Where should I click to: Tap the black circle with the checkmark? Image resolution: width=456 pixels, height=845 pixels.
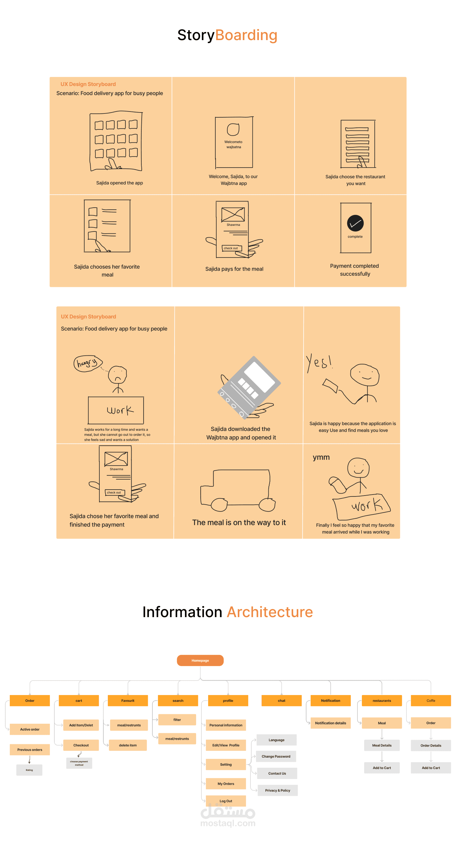tap(355, 223)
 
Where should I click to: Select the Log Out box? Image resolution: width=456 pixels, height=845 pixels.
tap(225, 801)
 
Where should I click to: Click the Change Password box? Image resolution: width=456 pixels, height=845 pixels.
tap(276, 756)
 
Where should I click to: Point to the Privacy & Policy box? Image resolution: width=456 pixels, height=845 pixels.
tap(277, 790)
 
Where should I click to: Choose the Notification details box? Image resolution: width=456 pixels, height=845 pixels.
tap(331, 723)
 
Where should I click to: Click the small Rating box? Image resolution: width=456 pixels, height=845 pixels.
tap(29, 770)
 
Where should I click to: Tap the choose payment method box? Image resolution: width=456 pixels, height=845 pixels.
tap(79, 763)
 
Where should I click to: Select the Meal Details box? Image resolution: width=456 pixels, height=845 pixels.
tap(382, 745)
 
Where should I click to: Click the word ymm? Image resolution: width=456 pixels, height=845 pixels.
tap(321, 457)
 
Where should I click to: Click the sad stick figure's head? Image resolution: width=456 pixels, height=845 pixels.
tap(118, 375)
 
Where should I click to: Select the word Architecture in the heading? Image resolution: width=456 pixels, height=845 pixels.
tap(270, 612)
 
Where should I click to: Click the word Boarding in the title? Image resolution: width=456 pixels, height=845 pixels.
tap(246, 35)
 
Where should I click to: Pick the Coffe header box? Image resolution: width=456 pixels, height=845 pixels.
tap(431, 700)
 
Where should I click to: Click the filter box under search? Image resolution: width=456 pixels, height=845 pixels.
tap(177, 719)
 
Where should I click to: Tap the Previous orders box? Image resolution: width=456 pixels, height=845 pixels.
tap(30, 749)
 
